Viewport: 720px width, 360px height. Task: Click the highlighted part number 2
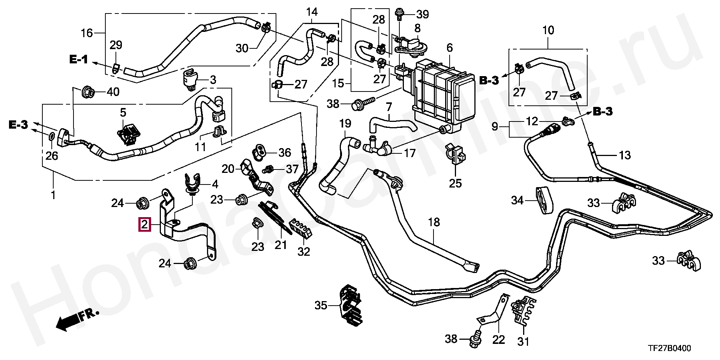click(x=145, y=225)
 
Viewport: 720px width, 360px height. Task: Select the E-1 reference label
click(x=78, y=59)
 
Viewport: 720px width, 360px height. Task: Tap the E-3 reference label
click(x=18, y=125)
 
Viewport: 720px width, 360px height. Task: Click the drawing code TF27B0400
click(x=670, y=348)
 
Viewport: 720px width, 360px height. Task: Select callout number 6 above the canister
click(x=450, y=48)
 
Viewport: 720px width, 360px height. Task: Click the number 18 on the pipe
click(x=434, y=222)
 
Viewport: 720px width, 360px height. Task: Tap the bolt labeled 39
click(x=399, y=14)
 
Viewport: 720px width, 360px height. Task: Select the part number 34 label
click(x=517, y=201)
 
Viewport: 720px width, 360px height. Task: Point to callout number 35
click(x=321, y=306)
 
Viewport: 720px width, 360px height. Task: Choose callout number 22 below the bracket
click(x=498, y=340)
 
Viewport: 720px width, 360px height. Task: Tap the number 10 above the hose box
click(x=548, y=30)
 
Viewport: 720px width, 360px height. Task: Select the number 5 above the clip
click(x=123, y=112)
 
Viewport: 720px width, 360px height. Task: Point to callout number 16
click(x=87, y=33)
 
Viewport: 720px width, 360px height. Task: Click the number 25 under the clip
click(x=455, y=183)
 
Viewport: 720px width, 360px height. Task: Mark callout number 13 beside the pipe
click(x=624, y=155)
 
